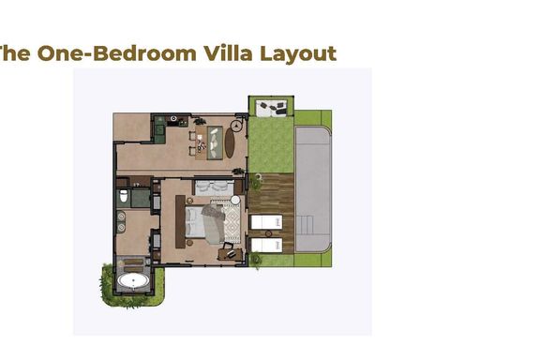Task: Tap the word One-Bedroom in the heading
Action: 117,53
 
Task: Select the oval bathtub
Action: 133,280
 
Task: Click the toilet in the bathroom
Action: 124,196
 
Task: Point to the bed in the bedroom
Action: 204,223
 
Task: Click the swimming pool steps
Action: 305,225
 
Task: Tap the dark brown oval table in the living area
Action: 230,142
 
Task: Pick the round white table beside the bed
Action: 235,200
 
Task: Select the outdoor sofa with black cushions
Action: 272,108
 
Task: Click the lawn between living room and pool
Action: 271,145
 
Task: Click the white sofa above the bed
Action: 214,188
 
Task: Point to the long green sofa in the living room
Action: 214,142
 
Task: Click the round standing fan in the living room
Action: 236,126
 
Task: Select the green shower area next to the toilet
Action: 141,198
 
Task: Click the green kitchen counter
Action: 159,129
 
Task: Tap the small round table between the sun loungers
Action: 268,233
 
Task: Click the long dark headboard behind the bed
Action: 180,221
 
